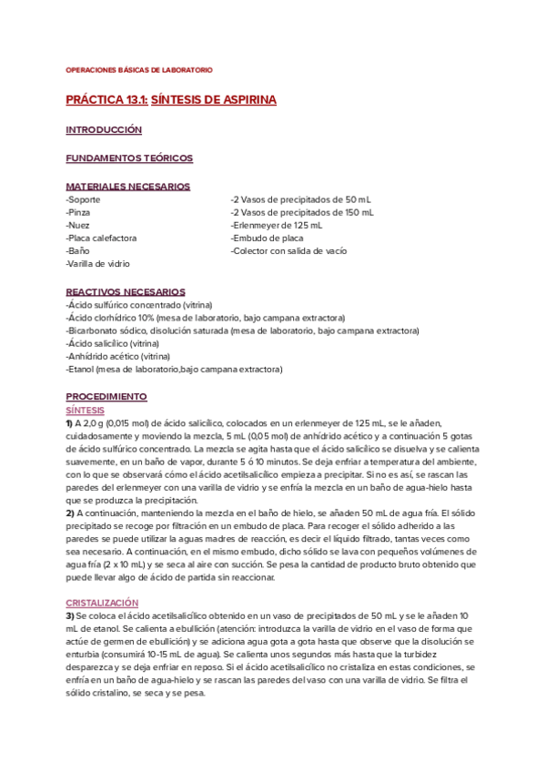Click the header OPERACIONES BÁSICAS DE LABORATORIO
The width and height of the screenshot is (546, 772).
coord(139,70)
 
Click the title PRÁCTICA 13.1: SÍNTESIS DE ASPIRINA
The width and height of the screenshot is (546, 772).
coord(171,99)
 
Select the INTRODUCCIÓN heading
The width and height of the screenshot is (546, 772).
coord(104,130)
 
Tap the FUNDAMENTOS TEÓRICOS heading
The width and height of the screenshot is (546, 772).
coord(129,158)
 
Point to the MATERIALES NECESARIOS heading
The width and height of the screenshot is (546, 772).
coord(127,187)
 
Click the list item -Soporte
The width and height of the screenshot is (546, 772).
coord(84,199)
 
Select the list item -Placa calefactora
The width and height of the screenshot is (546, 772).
coord(101,238)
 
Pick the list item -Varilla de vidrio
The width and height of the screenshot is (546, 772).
coord(97,263)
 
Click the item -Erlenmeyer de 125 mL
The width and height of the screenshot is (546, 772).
coord(276,225)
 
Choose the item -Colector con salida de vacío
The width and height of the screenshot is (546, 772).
coord(288,250)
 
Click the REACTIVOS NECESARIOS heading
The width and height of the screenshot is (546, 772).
coord(126,292)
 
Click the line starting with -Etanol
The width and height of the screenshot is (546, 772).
coord(174,370)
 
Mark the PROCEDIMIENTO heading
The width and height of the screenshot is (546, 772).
coord(106,398)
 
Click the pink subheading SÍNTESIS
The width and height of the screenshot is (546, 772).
coord(85,411)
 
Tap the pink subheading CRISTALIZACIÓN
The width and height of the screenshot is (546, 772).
coord(102,603)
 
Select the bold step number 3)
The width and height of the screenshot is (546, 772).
coord(71,615)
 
